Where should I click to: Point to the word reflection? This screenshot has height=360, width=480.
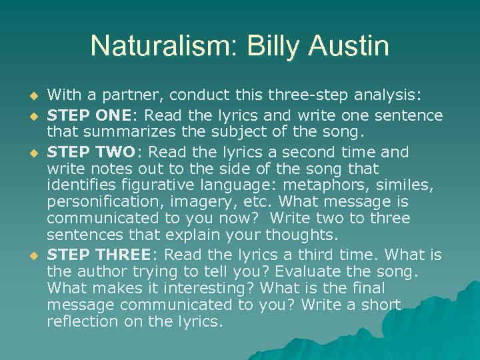82,322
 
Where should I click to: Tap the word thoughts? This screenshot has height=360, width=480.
301,235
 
